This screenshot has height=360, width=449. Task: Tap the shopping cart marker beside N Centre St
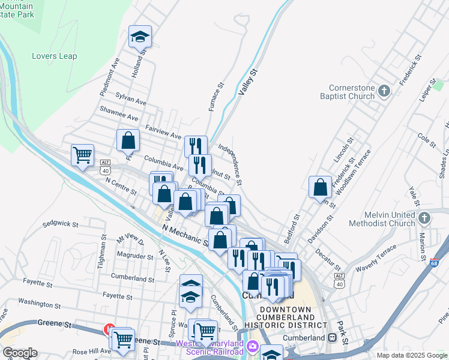click(x=82, y=155)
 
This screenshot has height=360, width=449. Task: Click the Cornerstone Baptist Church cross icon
click(x=384, y=91)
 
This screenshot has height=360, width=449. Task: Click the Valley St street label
click(x=247, y=82)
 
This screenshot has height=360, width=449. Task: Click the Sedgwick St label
click(x=60, y=224)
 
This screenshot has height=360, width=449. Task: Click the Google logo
click(x=19, y=353)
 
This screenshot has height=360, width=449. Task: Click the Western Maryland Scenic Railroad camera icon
click(x=253, y=346)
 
